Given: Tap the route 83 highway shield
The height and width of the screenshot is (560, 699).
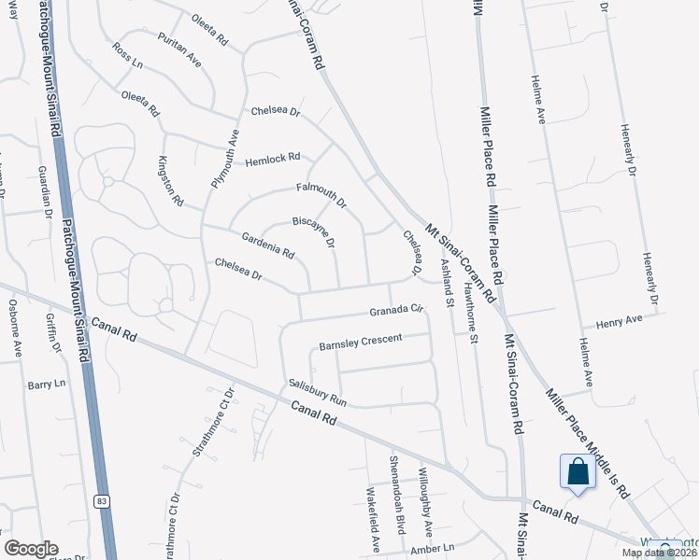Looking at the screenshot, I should [102, 501].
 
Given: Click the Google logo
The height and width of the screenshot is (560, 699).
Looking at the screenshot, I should [31, 549].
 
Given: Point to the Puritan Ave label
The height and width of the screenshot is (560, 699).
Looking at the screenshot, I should [179, 59].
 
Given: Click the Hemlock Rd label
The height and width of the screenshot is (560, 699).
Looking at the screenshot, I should [273, 160].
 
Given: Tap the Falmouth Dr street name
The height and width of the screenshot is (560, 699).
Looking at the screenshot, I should [321, 194].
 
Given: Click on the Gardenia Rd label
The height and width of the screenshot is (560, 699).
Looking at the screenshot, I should [268, 245].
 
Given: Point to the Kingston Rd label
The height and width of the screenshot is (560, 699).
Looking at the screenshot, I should [172, 181].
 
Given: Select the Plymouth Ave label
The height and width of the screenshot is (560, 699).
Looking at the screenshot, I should [225, 159].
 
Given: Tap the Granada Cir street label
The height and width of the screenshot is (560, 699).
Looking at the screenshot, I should [396, 310].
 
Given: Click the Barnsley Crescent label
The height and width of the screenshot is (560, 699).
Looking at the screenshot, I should [360, 343].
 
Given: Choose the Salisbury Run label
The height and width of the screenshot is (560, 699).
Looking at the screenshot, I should [318, 392].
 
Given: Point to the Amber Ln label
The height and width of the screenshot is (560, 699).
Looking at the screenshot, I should [431, 549].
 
